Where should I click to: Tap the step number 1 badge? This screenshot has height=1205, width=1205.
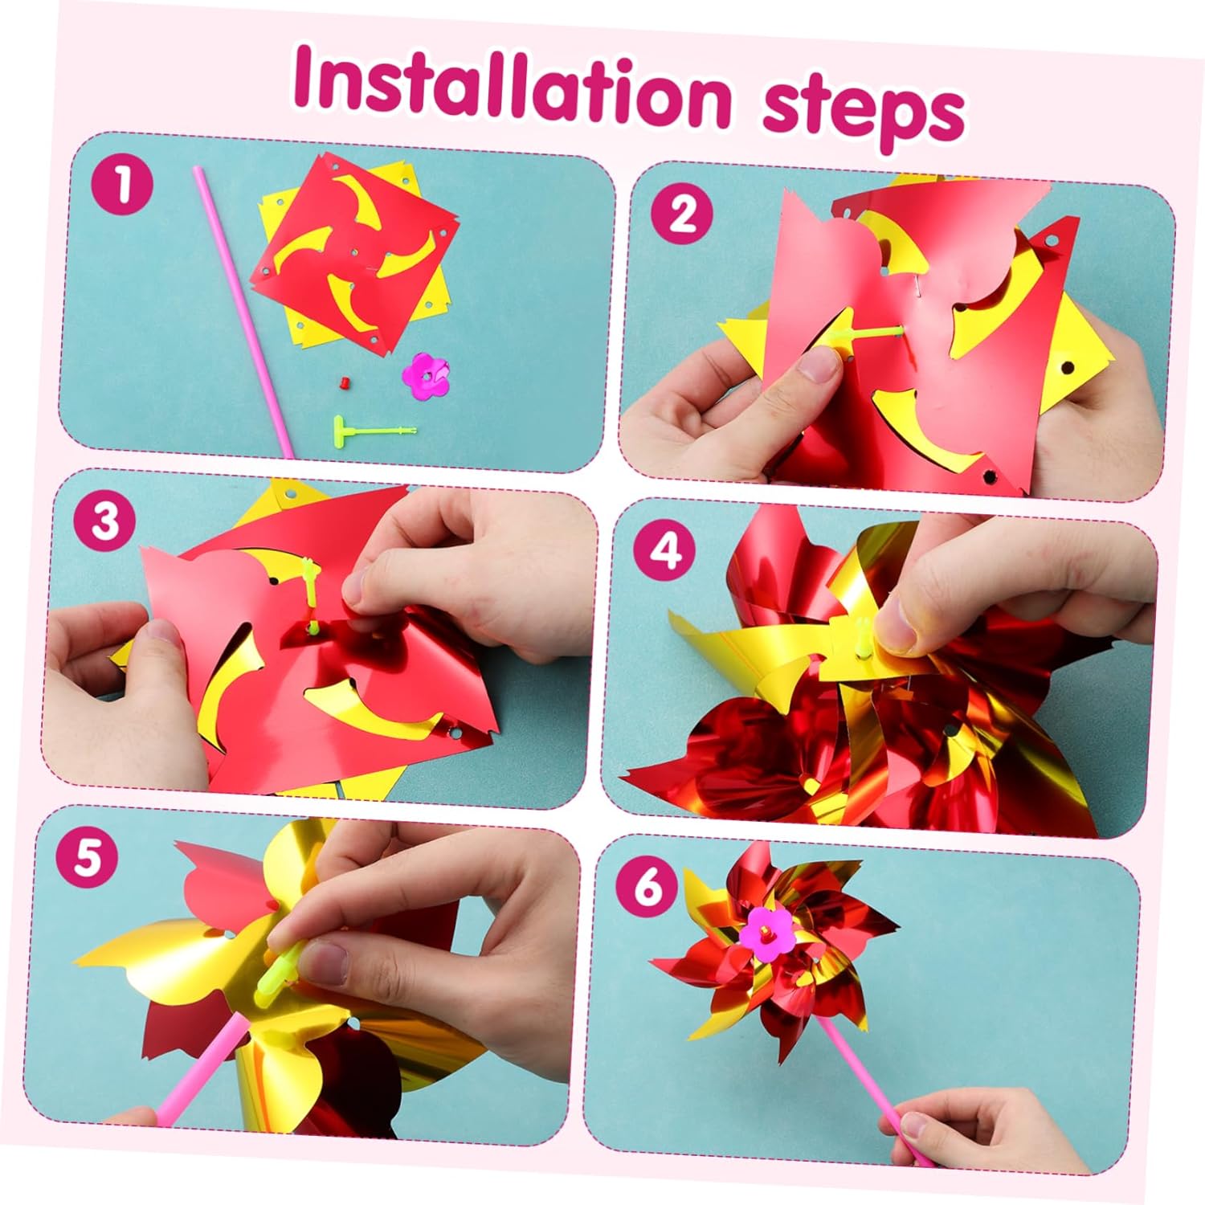(x=122, y=185)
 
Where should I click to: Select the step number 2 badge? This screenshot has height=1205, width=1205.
(x=681, y=214)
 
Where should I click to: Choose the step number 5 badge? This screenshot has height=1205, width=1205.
(x=88, y=858)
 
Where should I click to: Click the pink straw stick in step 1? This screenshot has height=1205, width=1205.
(x=243, y=312)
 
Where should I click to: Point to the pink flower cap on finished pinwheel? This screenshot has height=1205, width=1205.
(x=766, y=934)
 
